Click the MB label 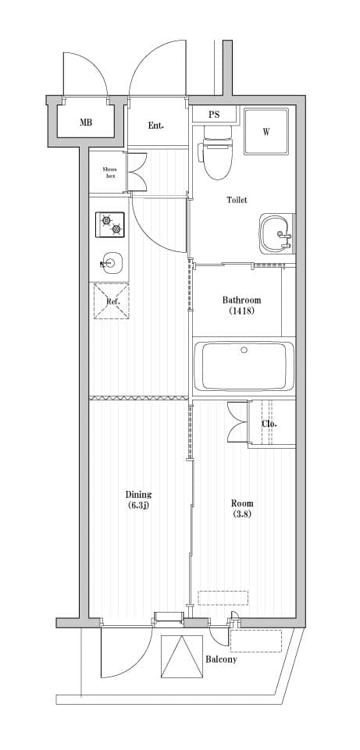pyautogui.click(x=85, y=123)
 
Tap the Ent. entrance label pyautogui.click(x=156, y=125)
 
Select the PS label pyautogui.click(x=214, y=115)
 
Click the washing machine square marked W pyautogui.click(x=266, y=131)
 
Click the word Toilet pyautogui.click(x=237, y=200)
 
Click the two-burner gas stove pyautogui.click(x=110, y=225)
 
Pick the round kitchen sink pyautogui.click(x=111, y=264)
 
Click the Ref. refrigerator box pyautogui.click(x=111, y=301)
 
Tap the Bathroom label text pyautogui.click(x=241, y=300)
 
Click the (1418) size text pyautogui.click(x=241, y=311)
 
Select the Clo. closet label pyautogui.click(x=269, y=424)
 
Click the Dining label pyautogui.click(x=138, y=494)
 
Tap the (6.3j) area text pyautogui.click(x=138, y=506)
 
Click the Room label pyautogui.click(x=242, y=503)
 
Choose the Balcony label pyautogui.click(x=221, y=659)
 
